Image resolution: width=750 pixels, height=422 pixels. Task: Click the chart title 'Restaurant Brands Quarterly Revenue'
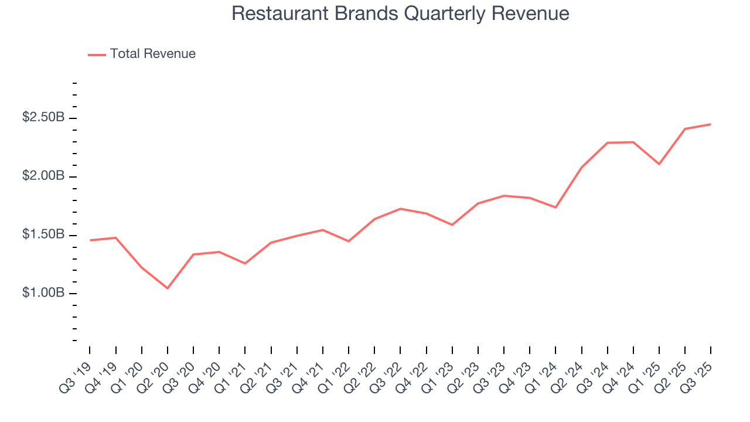click(x=400, y=13)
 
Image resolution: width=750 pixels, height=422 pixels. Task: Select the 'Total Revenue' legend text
click(x=152, y=54)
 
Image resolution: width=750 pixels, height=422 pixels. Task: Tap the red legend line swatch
click(x=97, y=55)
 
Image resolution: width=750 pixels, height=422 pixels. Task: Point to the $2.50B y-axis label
click(x=43, y=118)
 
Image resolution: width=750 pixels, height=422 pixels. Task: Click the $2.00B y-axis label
click(x=43, y=176)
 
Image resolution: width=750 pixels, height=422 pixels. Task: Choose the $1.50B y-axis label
click(x=43, y=235)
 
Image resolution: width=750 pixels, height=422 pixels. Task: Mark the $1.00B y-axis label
click(x=43, y=293)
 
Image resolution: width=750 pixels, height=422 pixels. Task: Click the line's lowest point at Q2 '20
click(x=168, y=288)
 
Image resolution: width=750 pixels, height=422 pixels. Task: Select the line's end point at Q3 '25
click(x=711, y=124)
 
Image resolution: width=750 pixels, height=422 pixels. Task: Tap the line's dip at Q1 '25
click(x=659, y=164)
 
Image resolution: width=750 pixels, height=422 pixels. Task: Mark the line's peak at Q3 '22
click(x=400, y=209)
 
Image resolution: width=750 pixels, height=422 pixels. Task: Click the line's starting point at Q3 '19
click(x=90, y=240)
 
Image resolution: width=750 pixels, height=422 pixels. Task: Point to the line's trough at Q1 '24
click(x=555, y=207)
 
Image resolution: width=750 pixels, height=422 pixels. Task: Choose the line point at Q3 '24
click(x=607, y=142)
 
